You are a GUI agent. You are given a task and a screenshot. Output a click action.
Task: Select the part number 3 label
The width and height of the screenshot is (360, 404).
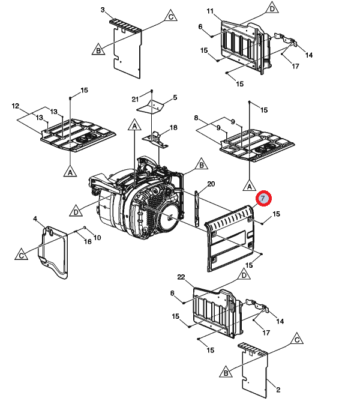[103, 10]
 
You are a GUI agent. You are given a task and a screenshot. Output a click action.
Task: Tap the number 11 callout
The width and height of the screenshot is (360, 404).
[210, 12]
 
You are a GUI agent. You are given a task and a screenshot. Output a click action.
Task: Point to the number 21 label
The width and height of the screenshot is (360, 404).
[136, 98]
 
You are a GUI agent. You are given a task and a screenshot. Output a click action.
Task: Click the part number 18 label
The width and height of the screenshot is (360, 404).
[173, 128]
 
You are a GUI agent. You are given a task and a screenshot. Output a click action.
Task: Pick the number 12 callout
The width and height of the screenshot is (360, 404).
[16, 106]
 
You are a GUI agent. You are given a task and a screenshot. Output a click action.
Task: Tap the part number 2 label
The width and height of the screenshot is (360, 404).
[278, 390]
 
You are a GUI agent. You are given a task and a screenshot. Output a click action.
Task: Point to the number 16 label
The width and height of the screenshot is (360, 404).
[88, 241]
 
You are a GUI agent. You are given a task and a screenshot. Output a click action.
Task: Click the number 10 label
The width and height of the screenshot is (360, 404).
[97, 238]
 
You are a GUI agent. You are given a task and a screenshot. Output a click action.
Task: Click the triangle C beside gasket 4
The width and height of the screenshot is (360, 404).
[21, 255]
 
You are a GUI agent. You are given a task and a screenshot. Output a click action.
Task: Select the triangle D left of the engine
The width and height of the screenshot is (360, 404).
[76, 211]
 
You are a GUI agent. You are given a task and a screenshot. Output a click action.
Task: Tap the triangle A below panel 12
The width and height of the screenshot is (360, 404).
[70, 172]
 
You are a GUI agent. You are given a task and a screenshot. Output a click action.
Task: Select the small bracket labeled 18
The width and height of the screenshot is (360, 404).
[157, 137]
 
